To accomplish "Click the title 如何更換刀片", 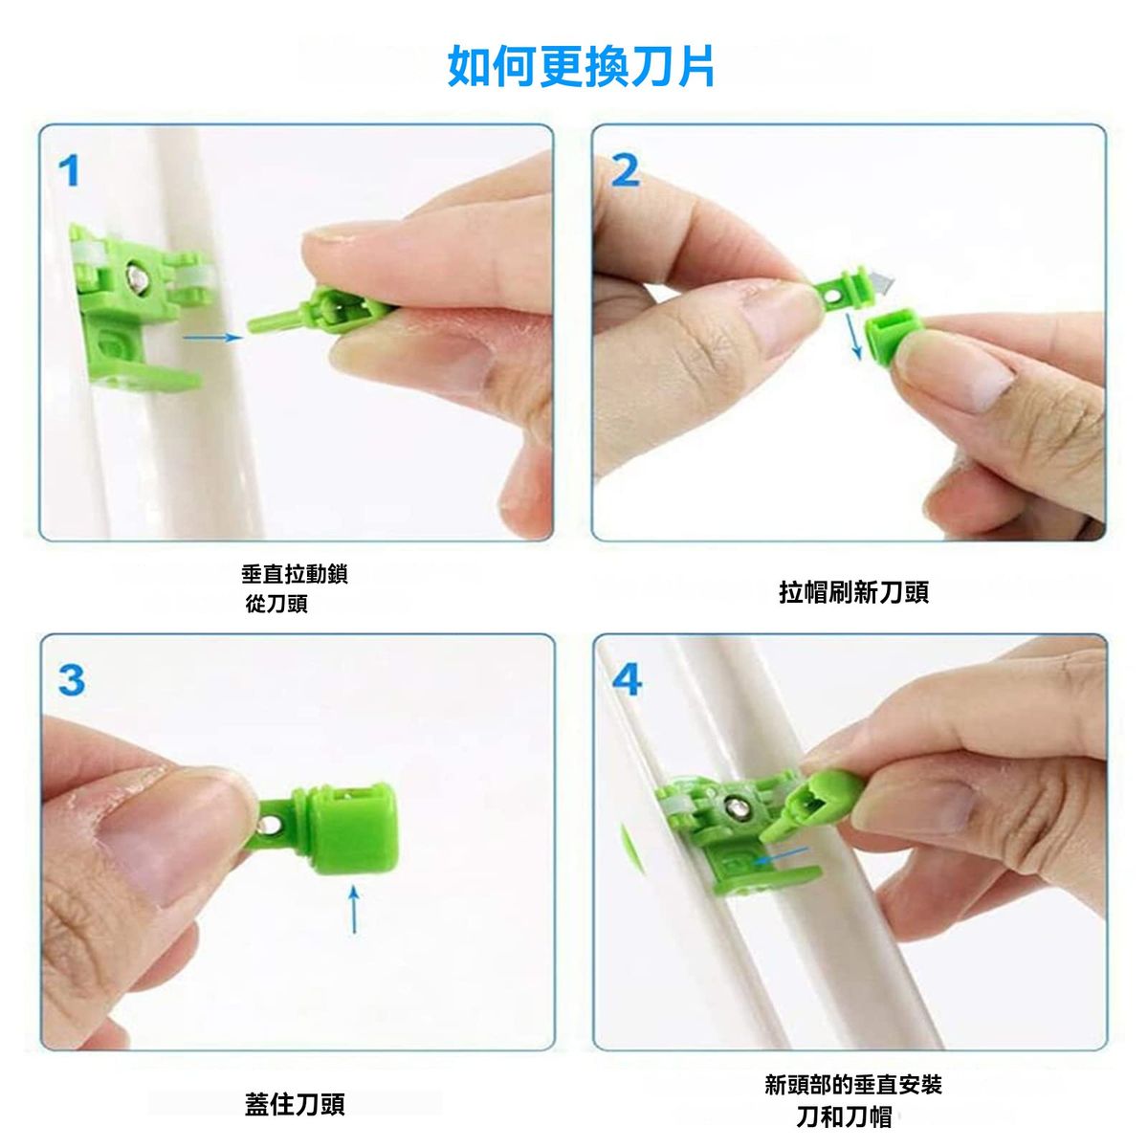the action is coord(581,67).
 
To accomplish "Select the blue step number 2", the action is coord(626,171).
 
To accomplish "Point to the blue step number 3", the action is coord(72,680).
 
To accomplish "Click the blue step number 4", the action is coord(627,680).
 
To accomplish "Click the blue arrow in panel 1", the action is coord(212,338).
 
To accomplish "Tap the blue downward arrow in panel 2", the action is coord(853,337).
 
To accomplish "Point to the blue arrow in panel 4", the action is coord(780,855).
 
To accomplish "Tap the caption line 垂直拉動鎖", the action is coord(294,574).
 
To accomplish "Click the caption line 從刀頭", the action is coord(276,604).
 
